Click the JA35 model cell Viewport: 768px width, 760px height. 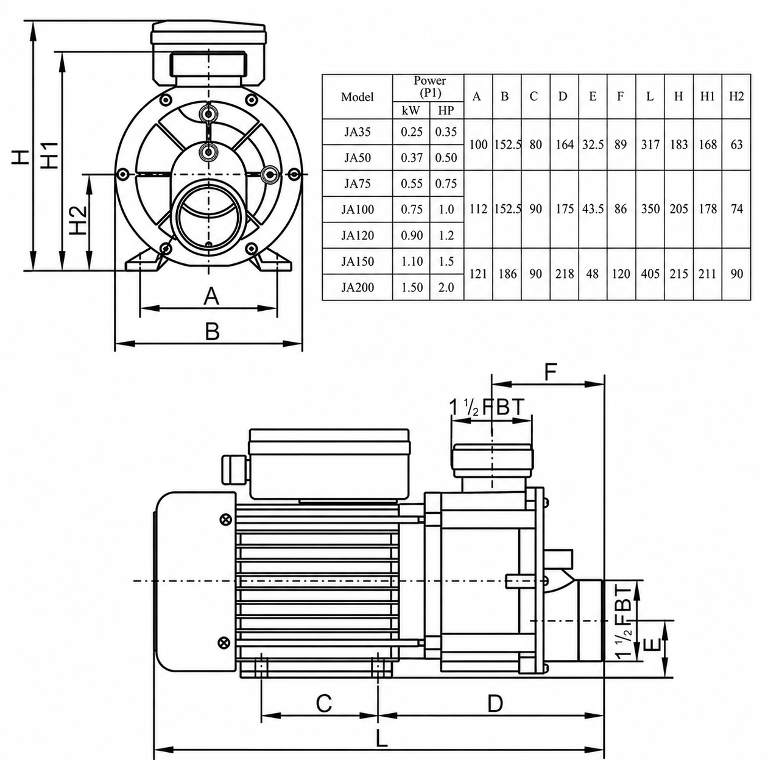click(357, 132)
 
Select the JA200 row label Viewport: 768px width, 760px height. click(357, 287)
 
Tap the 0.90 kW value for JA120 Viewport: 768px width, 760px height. click(411, 235)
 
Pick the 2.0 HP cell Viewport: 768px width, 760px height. click(446, 287)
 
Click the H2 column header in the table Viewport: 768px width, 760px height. click(736, 96)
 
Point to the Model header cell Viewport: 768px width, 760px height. click(357, 97)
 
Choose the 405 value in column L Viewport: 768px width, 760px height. click(650, 274)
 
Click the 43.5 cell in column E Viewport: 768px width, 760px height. click(593, 209)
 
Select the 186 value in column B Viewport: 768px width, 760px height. click(507, 274)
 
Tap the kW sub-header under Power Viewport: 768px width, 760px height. click(411, 110)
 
